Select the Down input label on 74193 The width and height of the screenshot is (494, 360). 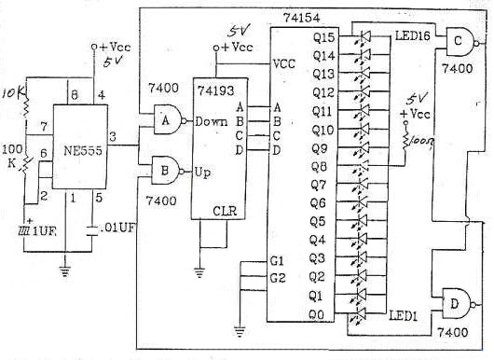[x=211, y=121]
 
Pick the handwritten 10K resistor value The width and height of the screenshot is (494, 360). [x=14, y=94]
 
